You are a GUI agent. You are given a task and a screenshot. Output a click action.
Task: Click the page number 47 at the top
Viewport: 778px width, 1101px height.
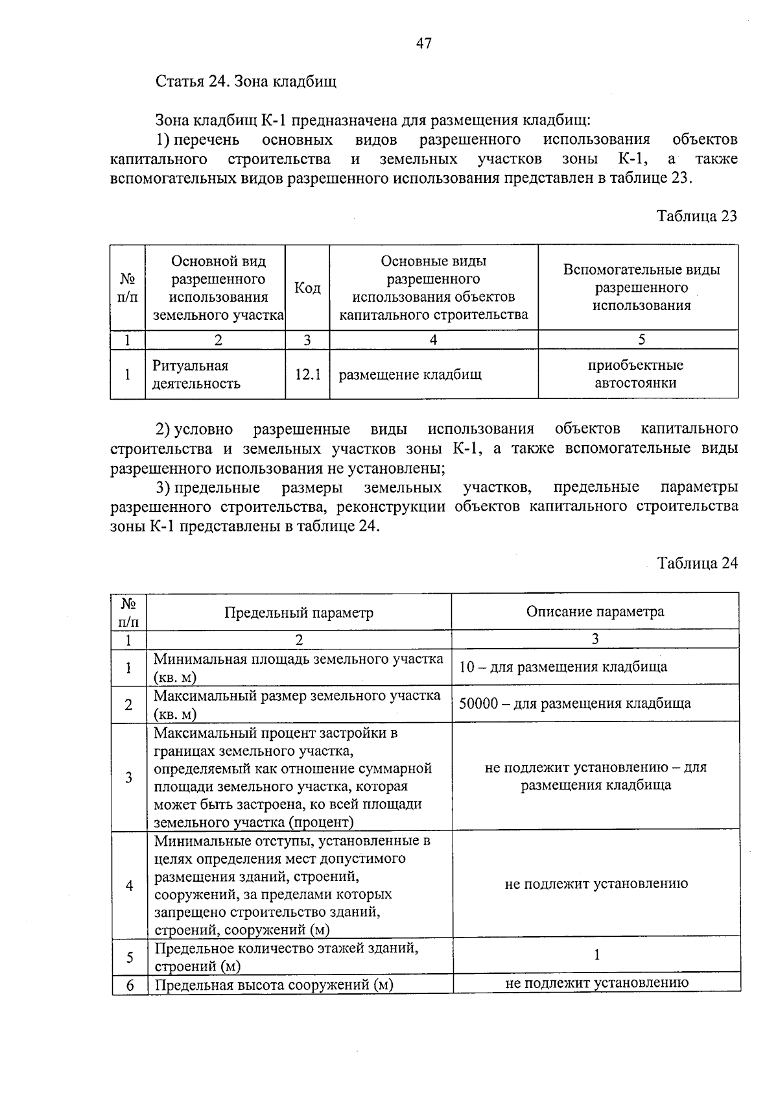click(423, 43)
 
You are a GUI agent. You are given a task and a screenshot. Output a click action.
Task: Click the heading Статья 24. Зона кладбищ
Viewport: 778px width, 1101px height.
click(246, 82)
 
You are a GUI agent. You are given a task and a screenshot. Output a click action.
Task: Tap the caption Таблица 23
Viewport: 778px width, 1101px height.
click(697, 216)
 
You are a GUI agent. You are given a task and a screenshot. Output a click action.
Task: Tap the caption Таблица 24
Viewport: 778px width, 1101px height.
click(698, 563)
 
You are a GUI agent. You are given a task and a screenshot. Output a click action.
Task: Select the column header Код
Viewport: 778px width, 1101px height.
click(307, 287)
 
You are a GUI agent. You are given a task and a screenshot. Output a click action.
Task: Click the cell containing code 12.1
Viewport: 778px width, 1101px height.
click(307, 374)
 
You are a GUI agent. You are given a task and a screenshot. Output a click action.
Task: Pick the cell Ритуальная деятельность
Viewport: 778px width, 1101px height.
click(196, 374)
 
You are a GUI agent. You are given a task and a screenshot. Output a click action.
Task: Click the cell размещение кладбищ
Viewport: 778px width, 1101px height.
click(410, 374)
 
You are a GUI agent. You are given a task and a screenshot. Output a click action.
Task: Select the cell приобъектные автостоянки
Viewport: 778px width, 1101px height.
click(635, 374)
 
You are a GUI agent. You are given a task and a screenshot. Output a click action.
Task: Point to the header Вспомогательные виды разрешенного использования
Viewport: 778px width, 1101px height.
click(641, 287)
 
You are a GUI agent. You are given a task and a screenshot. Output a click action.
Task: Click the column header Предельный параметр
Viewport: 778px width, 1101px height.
click(299, 612)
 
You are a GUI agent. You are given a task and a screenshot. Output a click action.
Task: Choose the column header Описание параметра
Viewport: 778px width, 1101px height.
click(595, 611)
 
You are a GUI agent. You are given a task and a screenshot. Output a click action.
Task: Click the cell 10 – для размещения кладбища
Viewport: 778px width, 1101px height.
click(563, 667)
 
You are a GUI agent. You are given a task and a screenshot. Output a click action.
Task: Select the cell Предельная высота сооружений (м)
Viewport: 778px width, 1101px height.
click(274, 985)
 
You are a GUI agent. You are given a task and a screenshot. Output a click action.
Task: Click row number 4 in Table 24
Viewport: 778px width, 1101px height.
click(129, 885)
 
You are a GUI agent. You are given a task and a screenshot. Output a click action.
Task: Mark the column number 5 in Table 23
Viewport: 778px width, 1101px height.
click(641, 339)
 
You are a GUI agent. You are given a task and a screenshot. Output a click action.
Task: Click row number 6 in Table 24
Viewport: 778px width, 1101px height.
click(130, 985)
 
